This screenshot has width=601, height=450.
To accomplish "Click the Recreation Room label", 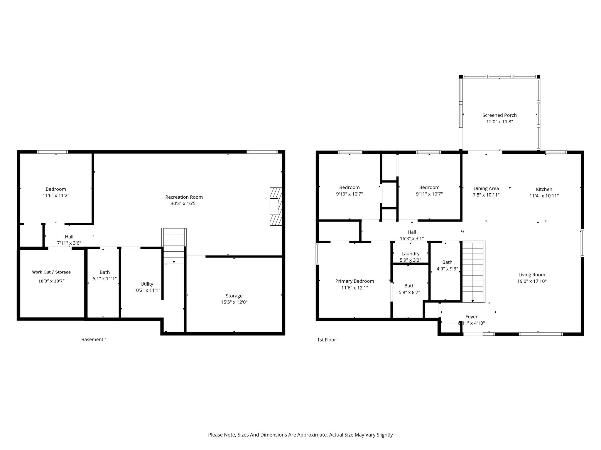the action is point(184,197).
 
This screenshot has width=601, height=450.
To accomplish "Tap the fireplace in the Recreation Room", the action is point(276,207).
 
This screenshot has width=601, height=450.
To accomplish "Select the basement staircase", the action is point(174,246).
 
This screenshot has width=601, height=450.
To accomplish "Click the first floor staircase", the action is point(473,272).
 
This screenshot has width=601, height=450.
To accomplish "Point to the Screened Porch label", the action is point(499,115).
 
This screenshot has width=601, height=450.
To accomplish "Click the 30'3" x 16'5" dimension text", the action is point(184,204).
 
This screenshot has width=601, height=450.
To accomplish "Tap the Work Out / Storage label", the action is point(51,272).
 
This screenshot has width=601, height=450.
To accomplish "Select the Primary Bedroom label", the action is point(354,281).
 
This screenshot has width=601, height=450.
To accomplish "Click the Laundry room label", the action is point(411,254).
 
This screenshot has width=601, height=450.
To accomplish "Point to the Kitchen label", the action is point(544,190).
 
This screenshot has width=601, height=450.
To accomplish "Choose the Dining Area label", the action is point(486,189).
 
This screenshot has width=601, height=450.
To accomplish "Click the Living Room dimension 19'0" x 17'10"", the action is point(532,281).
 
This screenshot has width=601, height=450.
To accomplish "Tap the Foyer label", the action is point(472,317).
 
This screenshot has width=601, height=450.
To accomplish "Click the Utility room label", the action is point(147,284).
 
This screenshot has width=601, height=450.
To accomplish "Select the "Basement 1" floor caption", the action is point(94,340).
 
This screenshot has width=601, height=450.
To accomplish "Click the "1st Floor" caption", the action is point(327,340).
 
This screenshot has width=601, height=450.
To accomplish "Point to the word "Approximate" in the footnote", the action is point(313,435).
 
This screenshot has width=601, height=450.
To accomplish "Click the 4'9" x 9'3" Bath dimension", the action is point(447,269).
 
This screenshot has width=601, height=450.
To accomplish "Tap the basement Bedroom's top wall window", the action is point(53,152).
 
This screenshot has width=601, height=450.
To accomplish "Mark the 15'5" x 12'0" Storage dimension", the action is point(234,302).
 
